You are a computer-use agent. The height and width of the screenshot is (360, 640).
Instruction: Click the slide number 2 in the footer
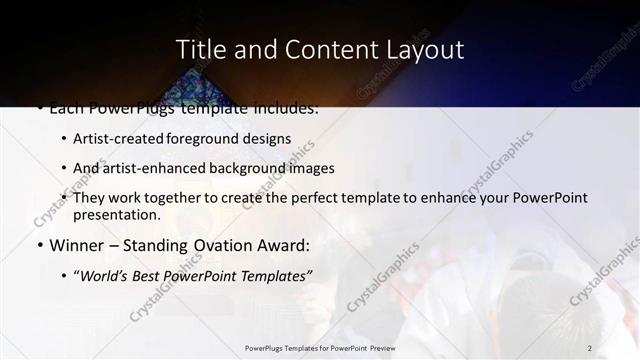click(589, 347)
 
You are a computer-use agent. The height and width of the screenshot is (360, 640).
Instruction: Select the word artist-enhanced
click(150, 168)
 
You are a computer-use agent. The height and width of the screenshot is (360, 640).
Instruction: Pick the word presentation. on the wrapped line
click(116, 215)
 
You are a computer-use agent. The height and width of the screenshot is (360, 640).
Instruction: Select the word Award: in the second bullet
click(284, 245)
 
